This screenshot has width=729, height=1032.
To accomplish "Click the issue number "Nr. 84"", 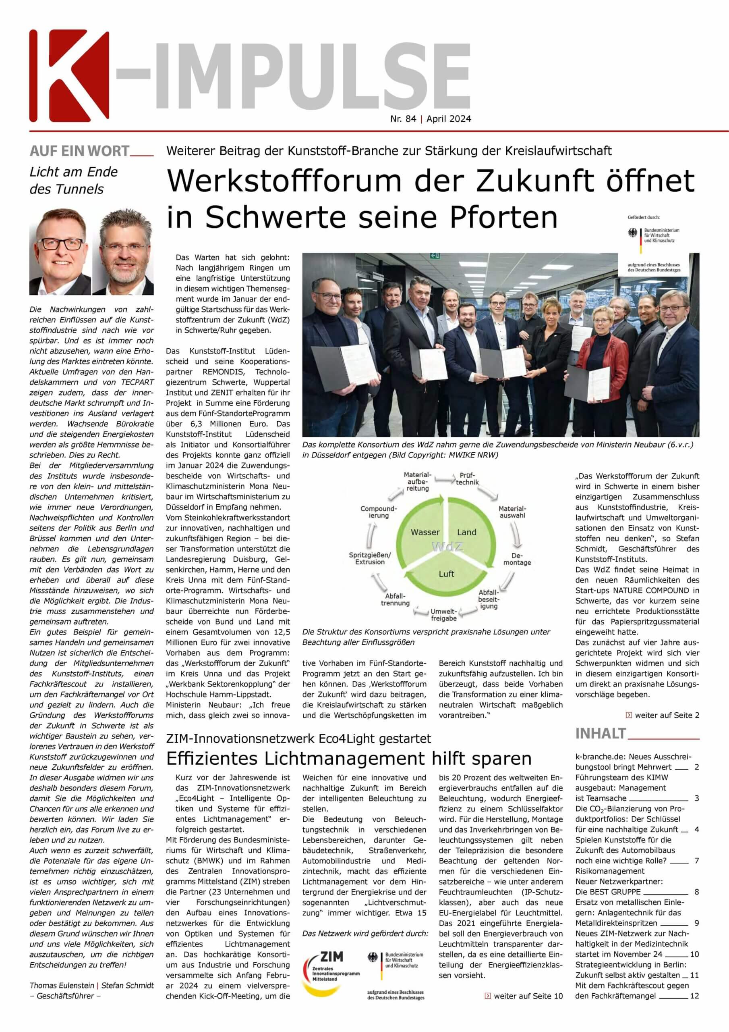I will coord(403,119).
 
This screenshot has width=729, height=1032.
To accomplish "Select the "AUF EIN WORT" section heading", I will coord(79,152).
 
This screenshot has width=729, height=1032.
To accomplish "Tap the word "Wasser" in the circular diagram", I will coord(425,532).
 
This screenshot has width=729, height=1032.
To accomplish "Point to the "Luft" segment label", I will coord(447,574).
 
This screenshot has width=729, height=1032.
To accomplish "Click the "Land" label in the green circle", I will coord(466,532).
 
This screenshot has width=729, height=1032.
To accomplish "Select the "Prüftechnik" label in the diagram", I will coord(467,479).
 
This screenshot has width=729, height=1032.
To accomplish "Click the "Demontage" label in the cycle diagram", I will coord(517,559).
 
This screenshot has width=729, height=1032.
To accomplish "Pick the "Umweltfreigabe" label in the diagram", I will coord(443,614).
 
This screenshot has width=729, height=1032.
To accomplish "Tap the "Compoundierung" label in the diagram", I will coord(379,512).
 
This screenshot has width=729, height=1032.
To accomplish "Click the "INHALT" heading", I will coord(601,734).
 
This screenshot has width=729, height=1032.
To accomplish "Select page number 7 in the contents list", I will coord(696,861).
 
